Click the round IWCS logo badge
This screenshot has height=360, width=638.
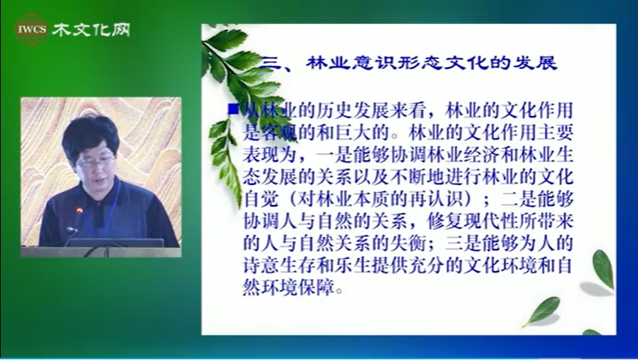[x=31, y=29]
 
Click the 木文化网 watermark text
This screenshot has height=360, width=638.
[x=91, y=29]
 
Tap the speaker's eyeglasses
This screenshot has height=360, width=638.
[x=96, y=162]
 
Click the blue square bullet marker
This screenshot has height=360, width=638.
[x=233, y=109]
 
